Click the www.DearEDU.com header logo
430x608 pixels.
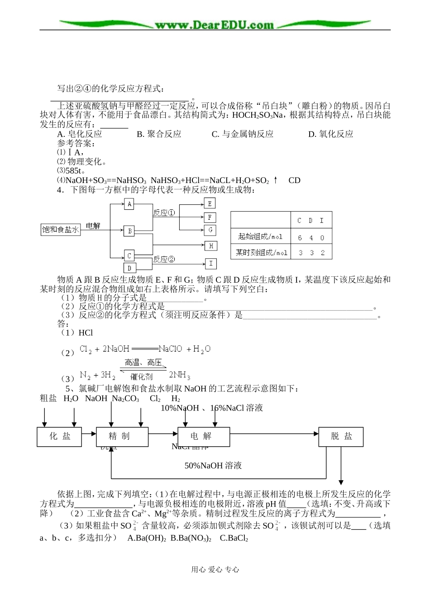(215, 25)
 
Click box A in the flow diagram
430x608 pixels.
(129, 204)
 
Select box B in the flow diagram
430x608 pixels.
(129, 231)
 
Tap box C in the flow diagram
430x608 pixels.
(129, 256)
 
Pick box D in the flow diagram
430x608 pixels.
(129, 268)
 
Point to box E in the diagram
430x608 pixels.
(210, 203)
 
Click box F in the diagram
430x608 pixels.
(210, 217)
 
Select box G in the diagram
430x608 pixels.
(210, 230)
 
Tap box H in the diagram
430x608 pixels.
(211, 246)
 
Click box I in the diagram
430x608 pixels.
(211, 264)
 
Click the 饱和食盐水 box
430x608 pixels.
(61, 230)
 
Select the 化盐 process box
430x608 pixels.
(60, 436)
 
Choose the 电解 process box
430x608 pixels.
(201, 436)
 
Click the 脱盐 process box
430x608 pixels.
(341, 436)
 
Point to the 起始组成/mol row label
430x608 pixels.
(260, 236)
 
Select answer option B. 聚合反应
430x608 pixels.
(159, 134)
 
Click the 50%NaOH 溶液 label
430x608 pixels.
(213, 466)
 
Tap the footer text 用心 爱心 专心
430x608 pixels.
(215, 569)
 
